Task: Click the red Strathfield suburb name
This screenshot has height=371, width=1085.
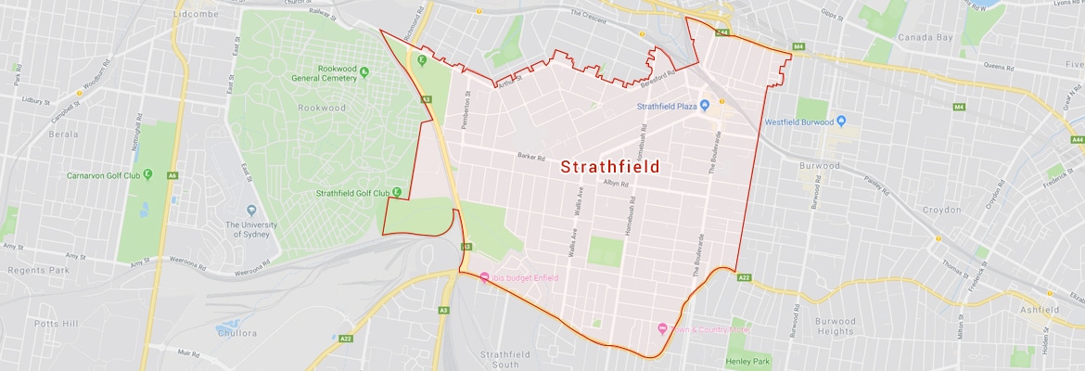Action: (x=609, y=167)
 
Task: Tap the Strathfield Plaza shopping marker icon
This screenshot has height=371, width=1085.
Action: (x=705, y=104)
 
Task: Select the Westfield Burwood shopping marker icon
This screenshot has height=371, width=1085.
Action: (x=840, y=121)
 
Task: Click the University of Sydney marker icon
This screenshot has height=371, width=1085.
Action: (x=251, y=211)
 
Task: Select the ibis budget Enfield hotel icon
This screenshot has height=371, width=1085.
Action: (x=483, y=277)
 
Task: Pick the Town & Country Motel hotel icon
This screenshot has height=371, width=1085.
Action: (x=661, y=328)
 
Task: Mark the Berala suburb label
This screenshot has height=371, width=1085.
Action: (x=61, y=134)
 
